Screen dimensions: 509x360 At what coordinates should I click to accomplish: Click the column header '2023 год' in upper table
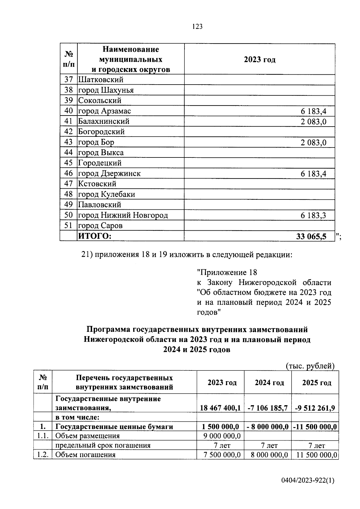pyautogui.click(x=259, y=59)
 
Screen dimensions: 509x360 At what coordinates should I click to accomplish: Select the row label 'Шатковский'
pyautogui.click(x=101, y=80)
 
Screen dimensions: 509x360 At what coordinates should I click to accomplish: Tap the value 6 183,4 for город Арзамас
pyautogui.click(x=313, y=112)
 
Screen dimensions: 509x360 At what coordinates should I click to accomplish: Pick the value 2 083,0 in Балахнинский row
pyautogui.click(x=313, y=122)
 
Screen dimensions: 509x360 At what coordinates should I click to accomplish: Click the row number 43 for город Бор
pyautogui.click(x=68, y=142)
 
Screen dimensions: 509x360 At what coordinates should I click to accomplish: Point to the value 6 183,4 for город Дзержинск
pyautogui.click(x=313, y=174)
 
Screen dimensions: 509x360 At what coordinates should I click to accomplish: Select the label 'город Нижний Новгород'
pyautogui.click(x=123, y=215)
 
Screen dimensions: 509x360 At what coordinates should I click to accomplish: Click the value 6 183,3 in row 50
pyautogui.click(x=313, y=215)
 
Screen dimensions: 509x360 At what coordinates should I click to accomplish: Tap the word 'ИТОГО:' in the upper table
pyautogui.click(x=95, y=236)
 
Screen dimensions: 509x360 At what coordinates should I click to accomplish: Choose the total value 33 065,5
pyautogui.click(x=311, y=236)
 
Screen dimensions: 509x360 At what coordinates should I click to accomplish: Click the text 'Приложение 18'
pyautogui.click(x=227, y=272)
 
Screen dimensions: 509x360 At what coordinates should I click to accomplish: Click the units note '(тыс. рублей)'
pyautogui.click(x=310, y=366)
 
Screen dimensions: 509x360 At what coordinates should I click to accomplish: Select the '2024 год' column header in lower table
pyautogui.click(x=269, y=382)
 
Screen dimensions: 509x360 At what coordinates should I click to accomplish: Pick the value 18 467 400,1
pyautogui.click(x=220, y=408)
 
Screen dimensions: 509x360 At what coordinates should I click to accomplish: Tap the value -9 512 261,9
pyautogui.click(x=315, y=408)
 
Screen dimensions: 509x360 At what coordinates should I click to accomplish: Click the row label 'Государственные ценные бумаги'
pyautogui.click(x=114, y=427)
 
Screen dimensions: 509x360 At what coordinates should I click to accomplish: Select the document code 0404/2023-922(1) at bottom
pyautogui.click(x=307, y=481)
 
